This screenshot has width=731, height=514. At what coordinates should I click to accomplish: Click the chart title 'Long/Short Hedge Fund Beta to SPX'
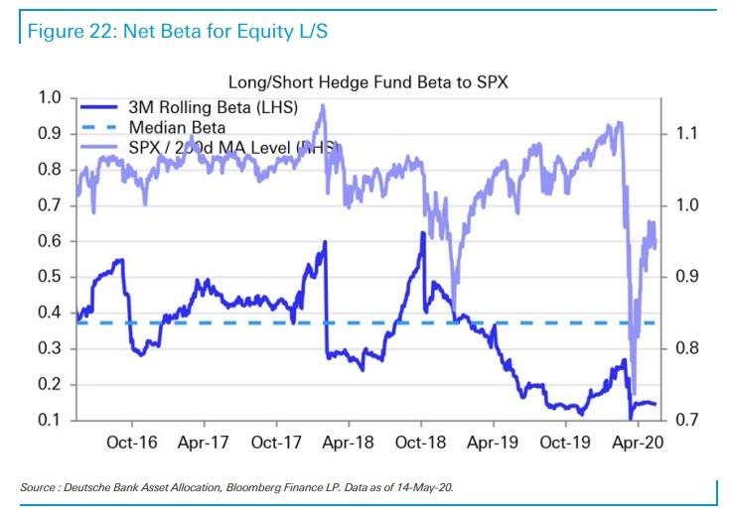tap(368, 82)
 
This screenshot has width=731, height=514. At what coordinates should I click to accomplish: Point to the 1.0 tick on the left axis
tap(50, 97)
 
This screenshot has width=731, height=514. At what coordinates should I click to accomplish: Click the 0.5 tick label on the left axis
tap(50, 277)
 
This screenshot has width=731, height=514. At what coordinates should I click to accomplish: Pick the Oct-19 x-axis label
tap(564, 443)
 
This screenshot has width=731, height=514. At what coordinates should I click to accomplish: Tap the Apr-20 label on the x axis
tap(636, 443)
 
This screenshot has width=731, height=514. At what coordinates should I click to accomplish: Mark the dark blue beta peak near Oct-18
tap(422, 233)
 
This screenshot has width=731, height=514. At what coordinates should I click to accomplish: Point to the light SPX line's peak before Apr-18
tap(323, 105)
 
